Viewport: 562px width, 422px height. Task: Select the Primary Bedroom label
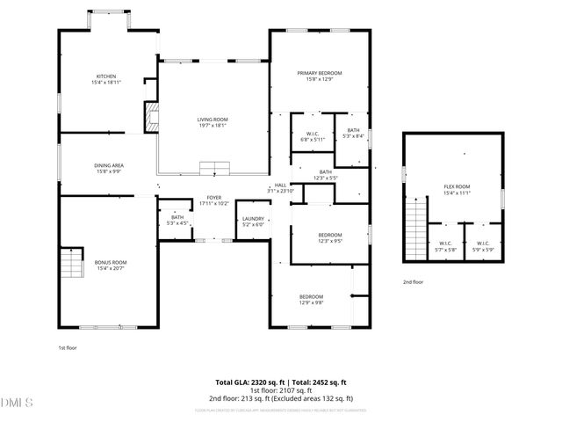tap(319, 76)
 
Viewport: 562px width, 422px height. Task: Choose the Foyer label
tap(214, 200)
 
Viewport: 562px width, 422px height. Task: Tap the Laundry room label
tap(254, 222)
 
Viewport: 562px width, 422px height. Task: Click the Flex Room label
tap(457, 189)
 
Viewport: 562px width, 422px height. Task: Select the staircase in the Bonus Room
tap(69, 263)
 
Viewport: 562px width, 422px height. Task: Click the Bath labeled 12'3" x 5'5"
tap(325, 175)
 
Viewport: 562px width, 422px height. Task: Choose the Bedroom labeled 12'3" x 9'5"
tap(329, 237)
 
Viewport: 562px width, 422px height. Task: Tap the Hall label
tap(280, 188)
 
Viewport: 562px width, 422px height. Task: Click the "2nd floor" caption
tap(413, 282)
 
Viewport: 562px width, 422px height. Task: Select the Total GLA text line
tap(281, 382)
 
